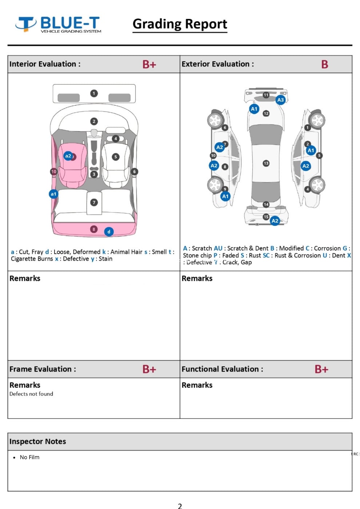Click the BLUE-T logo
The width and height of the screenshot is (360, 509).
click(x=58, y=24)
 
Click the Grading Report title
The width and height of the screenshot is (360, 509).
click(x=180, y=24)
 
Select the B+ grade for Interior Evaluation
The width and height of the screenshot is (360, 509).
click(x=149, y=64)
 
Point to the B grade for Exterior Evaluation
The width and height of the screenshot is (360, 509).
click(x=324, y=64)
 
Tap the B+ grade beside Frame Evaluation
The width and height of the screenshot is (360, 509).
click(x=149, y=369)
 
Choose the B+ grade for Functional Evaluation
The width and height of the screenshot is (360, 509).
click(x=321, y=369)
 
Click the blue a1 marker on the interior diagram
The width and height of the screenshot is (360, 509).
click(x=53, y=194)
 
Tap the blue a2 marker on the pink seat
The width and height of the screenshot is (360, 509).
click(x=68, y=156)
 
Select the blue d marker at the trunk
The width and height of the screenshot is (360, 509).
click(x=109, y=232)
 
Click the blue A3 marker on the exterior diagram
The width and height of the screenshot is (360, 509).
click(x=280, y=100)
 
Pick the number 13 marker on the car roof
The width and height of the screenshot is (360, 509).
click(x=266, y=163)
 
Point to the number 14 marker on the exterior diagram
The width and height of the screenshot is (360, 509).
click(x=266, y=204)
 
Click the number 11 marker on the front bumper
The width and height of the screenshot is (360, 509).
click(x=266, y=95)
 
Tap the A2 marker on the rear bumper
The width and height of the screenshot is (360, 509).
click(x=275, y=221)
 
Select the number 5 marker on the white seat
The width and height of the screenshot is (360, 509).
click(x=116, y=157)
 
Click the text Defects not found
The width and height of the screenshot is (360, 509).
click(x=31, y=394)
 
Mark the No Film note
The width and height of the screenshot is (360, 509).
click(x=29, y=457)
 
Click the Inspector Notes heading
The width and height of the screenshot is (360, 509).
click(x=38, y=441)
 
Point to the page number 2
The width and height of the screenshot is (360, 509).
click(x=180, y=506)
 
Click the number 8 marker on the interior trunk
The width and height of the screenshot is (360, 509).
click(x=94, y=229)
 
